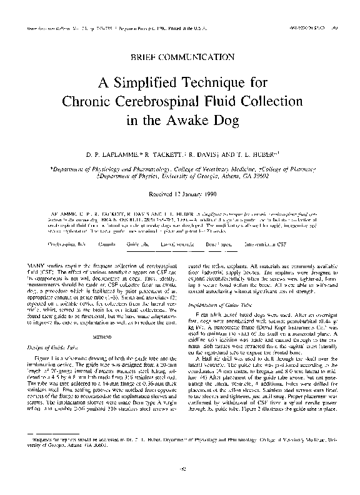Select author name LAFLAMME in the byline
tap(114, 152)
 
